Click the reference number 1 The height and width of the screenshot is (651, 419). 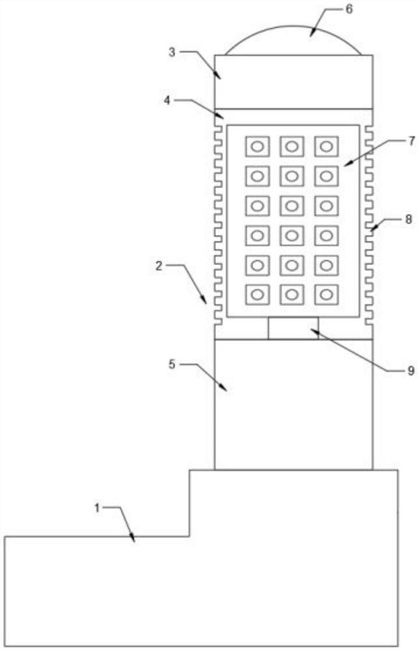tap(98, 508)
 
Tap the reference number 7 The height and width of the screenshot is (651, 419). tap(410, 140)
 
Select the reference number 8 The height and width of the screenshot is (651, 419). tap(409, 219)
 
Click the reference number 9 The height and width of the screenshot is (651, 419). tap(410, 370)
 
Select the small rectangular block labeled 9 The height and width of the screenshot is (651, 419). tap(293, 329)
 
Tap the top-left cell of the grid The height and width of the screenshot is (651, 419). tap(257, 146)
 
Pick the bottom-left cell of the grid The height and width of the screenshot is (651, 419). tap(257, 295)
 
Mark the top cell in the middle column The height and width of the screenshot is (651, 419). tap(292, 146)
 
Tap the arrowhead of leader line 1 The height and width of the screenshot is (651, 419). tap(134, 541)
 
